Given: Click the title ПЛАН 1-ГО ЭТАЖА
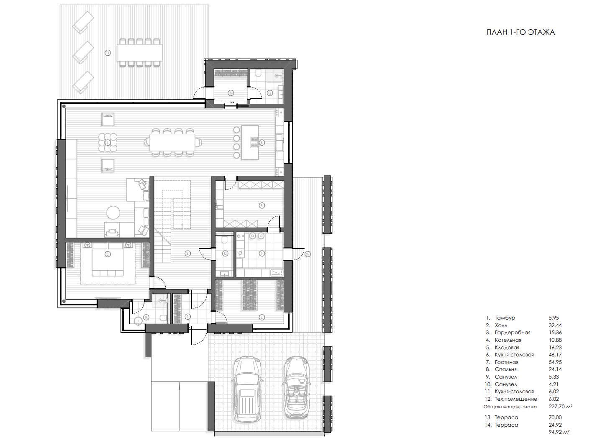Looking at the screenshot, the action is click(x=520, y=32).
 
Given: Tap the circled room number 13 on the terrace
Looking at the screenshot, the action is click(x=108, y=53).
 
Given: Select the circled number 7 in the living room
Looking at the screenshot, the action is click(x=108, y=142).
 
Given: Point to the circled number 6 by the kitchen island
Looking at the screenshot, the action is click(x=261, y=142).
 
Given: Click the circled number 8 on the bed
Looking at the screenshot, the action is click(x=108, y=254).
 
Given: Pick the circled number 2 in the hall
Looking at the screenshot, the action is click(x=187, y=253).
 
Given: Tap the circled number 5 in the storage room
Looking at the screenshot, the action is click(x=261, y=205).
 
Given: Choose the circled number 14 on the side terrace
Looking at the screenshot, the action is click(x=308, y=254).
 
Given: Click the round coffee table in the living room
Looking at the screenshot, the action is click(x=113, y=213).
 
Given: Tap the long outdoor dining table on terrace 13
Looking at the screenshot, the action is click(x=140, y=53).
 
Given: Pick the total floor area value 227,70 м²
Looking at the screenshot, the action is click(x=561, y=406).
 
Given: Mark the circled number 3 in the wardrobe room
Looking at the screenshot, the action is click(x=261, y=317).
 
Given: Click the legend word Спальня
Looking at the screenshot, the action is click(x=505, y=369).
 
